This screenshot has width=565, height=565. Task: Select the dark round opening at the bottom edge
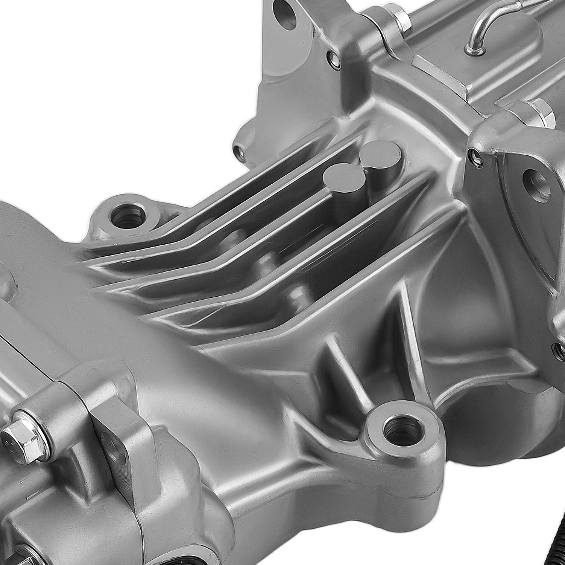[184, 561]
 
